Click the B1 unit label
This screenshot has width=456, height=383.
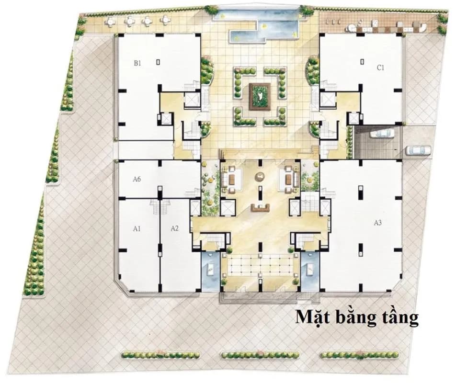click(x=137, y=63)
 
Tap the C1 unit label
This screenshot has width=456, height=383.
click(x=381, y=68)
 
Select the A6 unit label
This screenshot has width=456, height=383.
click(x=137, y=180)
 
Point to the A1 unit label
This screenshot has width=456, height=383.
click(x=137, y=229)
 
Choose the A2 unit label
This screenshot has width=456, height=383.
click(x=174, y=228)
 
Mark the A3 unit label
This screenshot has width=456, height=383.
click(x=377, y=223)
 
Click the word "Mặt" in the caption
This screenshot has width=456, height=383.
click(x=313, y=317)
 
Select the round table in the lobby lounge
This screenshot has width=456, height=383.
click(x=260, y=177)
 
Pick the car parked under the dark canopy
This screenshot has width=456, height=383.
click(x=381, y=134)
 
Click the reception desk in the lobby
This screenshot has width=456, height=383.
click(x=261, y=207)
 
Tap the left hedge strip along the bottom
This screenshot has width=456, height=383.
click(x=161, y=355)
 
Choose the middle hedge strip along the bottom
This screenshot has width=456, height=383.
click(x=260, y=355)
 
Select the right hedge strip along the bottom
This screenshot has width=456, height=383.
click(x=360, y=355)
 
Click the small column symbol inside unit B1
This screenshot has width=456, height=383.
click(x=158, y=62)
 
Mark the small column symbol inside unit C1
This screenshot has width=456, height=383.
click(x=362, y=62)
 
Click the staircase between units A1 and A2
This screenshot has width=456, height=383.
click(x=160, y=207)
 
